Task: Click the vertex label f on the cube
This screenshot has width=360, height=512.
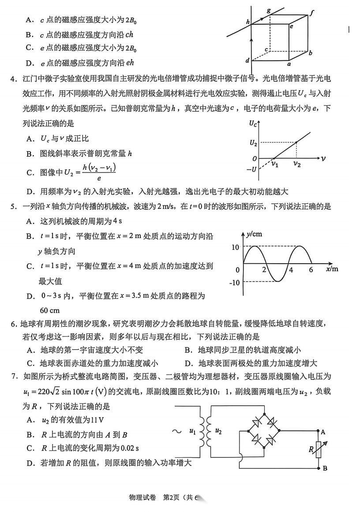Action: [312, 12]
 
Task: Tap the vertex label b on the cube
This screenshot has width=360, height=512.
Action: [311, 53]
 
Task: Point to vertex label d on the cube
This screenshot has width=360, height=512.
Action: [247, 60]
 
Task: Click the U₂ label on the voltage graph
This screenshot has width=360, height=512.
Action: [252, 142]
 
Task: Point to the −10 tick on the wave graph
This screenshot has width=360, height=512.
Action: [234, 283]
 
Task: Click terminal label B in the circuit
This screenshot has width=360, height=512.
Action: [325, 468]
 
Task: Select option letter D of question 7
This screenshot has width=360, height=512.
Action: [30, 463]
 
